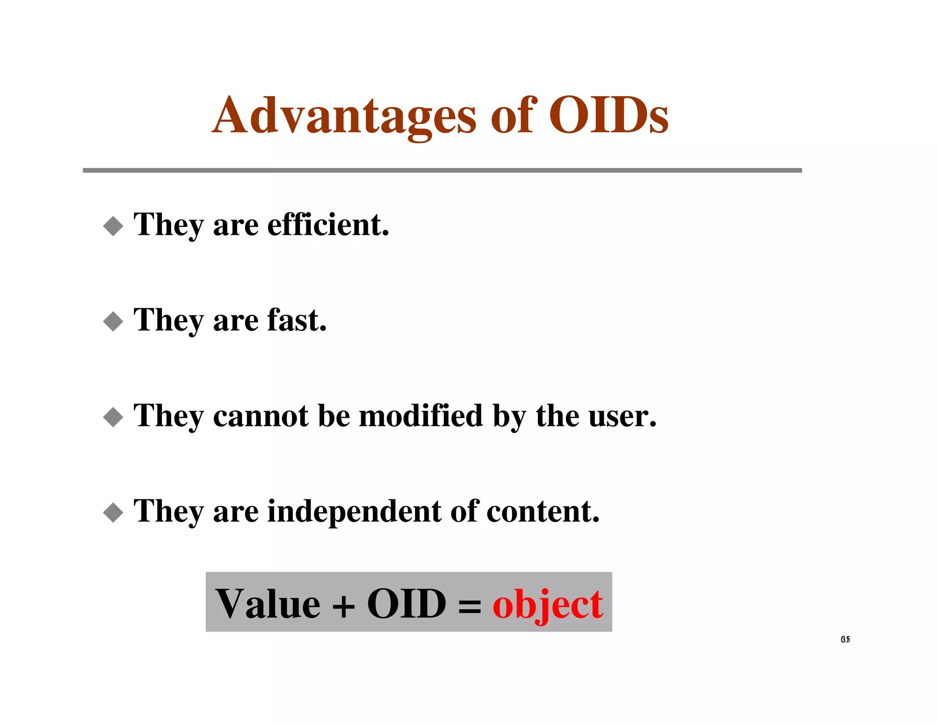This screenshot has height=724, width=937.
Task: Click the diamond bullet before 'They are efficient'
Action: coord(113,226)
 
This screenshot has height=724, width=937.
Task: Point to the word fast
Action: coord(296,320)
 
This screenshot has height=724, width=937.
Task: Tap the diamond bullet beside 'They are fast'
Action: coord(113,321)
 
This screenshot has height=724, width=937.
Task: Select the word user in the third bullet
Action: coord(622,416)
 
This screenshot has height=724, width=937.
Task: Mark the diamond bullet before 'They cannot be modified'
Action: coord(113,417)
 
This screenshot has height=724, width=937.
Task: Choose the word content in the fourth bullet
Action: coord(543,511)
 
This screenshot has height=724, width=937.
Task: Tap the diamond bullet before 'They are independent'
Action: coord(113,512)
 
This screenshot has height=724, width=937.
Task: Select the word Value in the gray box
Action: coord(268,604)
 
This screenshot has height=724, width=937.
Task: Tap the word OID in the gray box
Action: coord(407,604)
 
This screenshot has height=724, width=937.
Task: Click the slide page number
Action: coord(845,639)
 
